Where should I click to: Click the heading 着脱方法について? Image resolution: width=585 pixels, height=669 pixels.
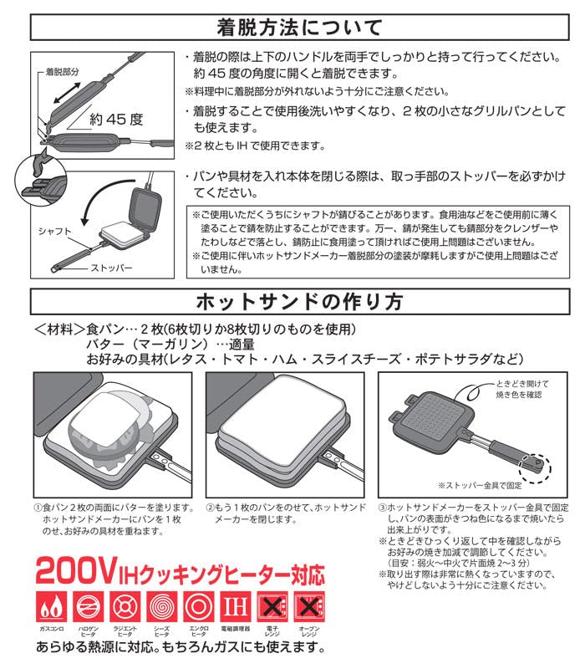(299, 28)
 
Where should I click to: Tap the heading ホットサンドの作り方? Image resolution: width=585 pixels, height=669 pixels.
(299, 302)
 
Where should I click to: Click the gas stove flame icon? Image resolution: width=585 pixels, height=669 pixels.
(52, 607)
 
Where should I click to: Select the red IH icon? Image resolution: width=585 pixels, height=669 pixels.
(235, 607)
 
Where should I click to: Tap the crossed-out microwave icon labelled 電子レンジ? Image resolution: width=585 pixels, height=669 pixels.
(272, 607)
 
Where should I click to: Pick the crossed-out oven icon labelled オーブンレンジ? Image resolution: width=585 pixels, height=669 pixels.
(309, 607)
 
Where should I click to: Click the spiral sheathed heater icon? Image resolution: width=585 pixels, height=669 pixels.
(162, 607)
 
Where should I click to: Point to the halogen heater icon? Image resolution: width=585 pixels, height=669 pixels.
(89, 607)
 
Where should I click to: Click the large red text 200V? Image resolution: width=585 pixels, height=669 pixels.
(77, 571)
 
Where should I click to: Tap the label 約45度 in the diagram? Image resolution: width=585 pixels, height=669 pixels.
(116, 119)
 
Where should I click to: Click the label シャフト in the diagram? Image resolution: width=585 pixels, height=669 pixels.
(54, 232)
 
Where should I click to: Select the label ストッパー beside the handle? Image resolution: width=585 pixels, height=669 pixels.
(111, 268)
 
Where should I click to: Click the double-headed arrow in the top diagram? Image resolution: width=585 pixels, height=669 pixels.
(67, 93)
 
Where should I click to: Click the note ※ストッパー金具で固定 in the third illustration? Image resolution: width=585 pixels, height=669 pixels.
(480, 485)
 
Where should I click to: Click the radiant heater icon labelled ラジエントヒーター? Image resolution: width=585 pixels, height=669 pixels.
(125, 607)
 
